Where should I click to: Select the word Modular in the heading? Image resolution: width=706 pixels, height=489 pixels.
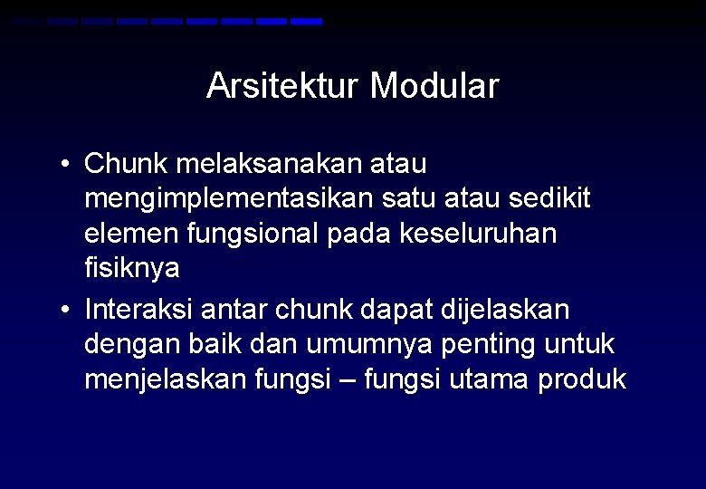pyautogui.click(x=434, y=87)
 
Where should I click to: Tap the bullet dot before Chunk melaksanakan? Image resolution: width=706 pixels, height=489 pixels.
pyautogui.click(x=66, y=165)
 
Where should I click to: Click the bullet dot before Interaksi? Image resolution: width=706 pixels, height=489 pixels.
pyautogui.click(x=66, y=311)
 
